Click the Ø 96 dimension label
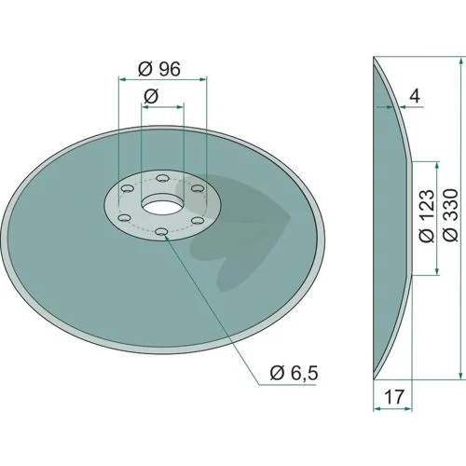point(159,69)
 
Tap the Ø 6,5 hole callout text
point(295,373)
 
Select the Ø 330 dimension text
point(451,215)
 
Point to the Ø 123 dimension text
point(426,215)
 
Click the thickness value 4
point(415,96)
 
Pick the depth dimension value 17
point(394,397)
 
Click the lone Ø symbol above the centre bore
point(151,96)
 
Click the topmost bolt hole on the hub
point(162,178)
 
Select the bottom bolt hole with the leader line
point(161,232)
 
